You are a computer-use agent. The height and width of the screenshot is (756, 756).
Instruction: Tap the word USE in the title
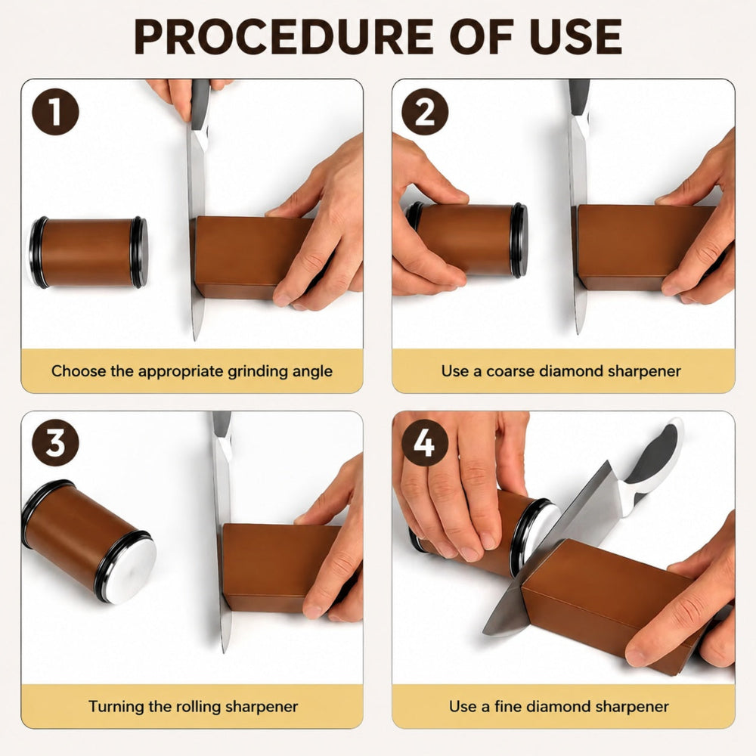click(575, 36)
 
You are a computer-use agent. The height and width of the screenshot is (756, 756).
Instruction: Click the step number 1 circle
click(55, 112)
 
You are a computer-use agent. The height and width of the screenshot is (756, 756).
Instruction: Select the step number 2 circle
click(425, 112)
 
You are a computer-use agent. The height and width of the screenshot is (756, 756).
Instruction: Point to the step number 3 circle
click(55, 442)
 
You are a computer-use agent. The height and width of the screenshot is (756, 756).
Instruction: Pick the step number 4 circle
click(425, 442)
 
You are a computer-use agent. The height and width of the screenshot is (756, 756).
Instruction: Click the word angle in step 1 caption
click(312, 372)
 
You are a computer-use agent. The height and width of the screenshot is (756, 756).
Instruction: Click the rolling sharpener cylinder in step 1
click(88, 253)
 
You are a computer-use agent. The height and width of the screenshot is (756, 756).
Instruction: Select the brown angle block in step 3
click(280, 568)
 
